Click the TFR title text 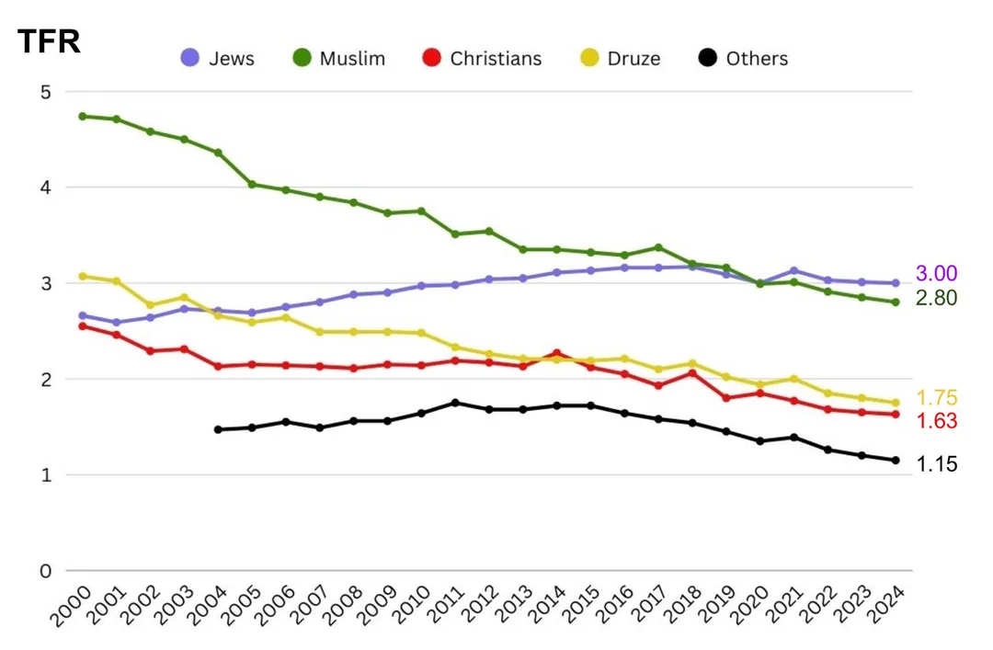pos(50,41)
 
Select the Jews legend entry pos(217,59)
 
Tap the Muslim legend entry pos(339,59)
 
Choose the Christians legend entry pos(482,59)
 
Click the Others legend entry pos(743,59)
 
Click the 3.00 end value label pos(937,273)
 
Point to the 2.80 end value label pos(937,298)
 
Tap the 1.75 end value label pos(937,398)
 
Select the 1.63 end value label pos(937,421)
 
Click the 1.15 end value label pos(937,464)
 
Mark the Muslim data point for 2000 pos(83,116)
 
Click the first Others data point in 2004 pos(218,429)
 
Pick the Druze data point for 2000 pos(83,276)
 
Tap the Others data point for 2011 pos(455,403)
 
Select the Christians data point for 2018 pos(692,372)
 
